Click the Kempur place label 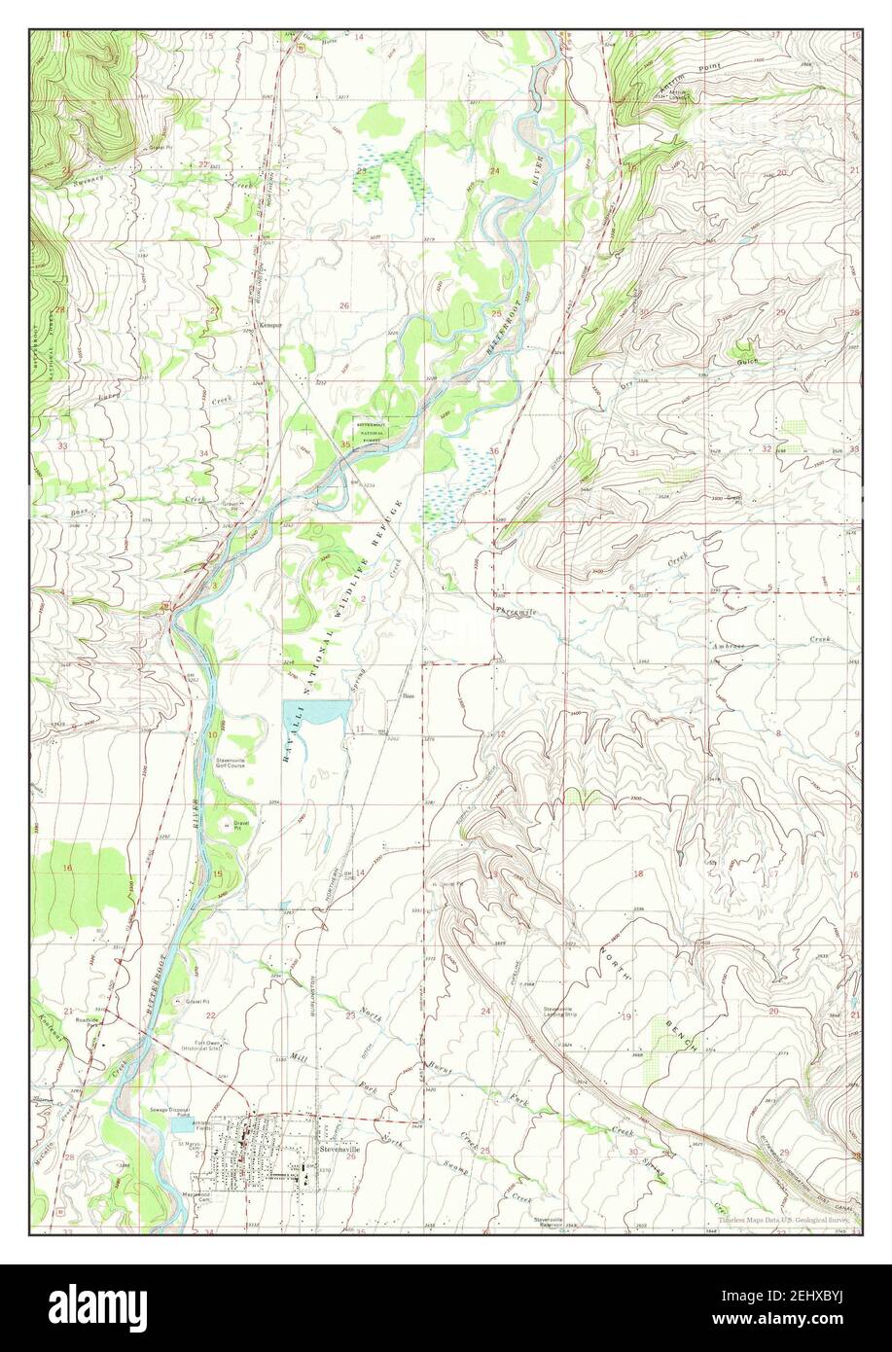pos(269,325)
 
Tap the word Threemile pos(517,612)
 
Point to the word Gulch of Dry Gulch pos(752,361)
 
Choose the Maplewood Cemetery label pos(198,1195)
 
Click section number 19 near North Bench pos(626,1016)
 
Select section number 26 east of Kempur pos(343,306)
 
